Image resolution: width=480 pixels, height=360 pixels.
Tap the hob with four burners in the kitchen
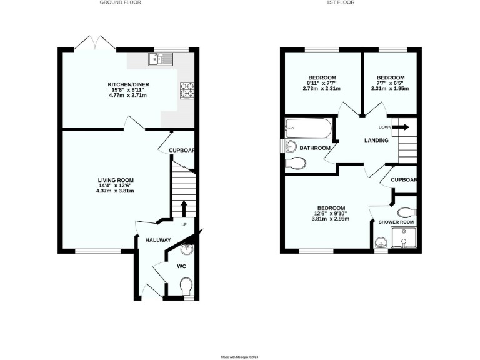tap(187, 91)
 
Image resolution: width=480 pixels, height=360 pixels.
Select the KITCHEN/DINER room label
tap(128, 84)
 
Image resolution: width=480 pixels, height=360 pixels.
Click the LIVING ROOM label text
tap(116, 180)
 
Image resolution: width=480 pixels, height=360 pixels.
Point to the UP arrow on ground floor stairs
tap(184, 207)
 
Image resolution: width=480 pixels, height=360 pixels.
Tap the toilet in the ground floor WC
tap(185, 286)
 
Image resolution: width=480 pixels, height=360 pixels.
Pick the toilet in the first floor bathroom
tap(296, 164)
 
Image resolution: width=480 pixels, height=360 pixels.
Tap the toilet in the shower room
tap(406, 211)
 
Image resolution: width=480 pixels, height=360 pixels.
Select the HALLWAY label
tap(158, 240)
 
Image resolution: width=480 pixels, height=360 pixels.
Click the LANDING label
tap(376, 140)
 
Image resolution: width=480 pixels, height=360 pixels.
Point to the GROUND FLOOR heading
tap(121, 2)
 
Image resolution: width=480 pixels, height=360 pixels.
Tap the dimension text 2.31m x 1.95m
tap(390, 89)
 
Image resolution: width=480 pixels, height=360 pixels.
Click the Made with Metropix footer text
tap(240, 357)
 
